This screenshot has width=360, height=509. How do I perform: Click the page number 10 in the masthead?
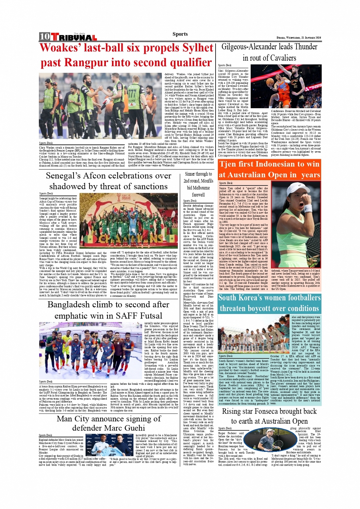click(x=45, y=37)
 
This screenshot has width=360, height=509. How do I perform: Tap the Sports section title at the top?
click(x=180, y=34)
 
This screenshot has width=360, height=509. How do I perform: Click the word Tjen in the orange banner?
click(x=229, y=164)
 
